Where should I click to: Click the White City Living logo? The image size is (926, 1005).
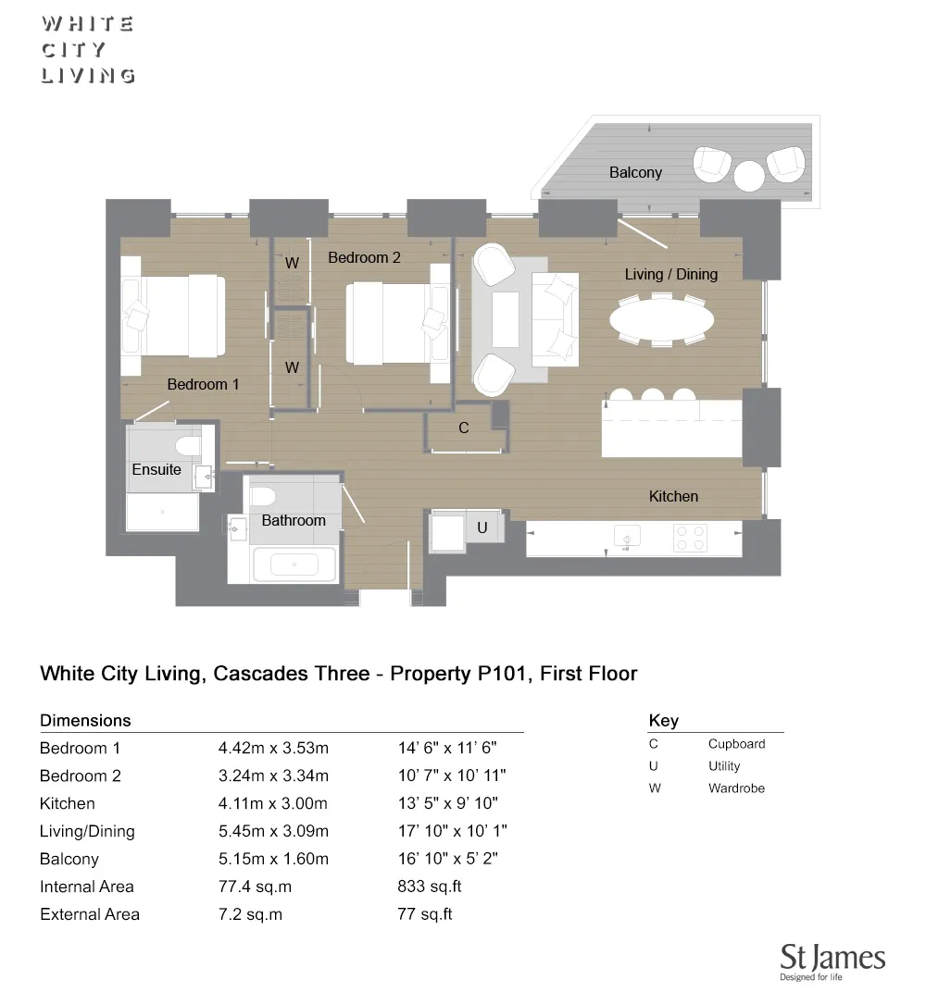pos(88,50)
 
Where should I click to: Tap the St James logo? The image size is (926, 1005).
pos(832,962)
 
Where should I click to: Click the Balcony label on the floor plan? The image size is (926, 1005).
pos(635,172)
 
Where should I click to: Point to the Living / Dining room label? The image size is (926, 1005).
pos(670,274)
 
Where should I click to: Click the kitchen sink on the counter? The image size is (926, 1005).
pos(628,538)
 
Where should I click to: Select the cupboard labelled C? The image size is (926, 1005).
pos(464,428)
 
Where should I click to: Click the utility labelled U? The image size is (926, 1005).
pos(482,527)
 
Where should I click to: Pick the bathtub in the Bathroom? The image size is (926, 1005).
pos(294,564)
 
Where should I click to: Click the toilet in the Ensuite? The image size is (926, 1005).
pos(188,447)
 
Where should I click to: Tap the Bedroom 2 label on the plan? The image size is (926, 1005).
pos(364,257)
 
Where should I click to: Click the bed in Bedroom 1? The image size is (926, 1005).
pos(175,316)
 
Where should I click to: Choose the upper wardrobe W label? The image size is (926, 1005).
pos(292,263)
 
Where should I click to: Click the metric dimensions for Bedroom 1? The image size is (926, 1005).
pos(273,748)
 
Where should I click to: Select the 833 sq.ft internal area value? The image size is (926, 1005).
pos(429,887)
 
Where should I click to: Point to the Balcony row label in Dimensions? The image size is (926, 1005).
pos(69,859)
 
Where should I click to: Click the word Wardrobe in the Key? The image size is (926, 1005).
pos(736,788)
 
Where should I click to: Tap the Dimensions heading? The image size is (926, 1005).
pos(85,720)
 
